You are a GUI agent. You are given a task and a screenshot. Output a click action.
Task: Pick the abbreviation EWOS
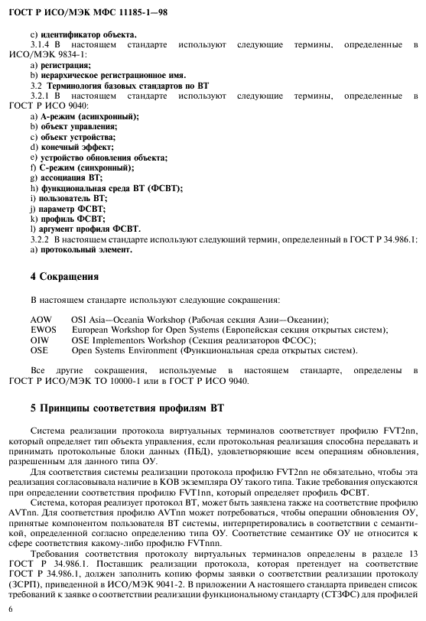click(x=44, y=330)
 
